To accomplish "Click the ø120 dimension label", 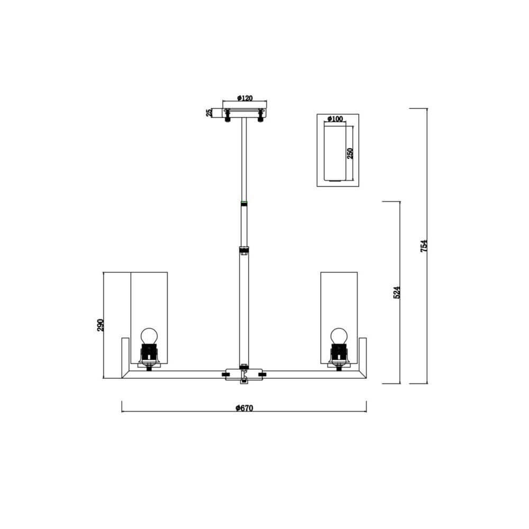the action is click(244, 98).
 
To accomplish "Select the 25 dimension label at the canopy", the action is click(209, 113).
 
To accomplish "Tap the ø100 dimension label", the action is click(335, 118).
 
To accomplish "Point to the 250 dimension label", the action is click(350, 153).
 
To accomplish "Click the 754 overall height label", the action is click(424, 246).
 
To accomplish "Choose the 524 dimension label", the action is click(397, 292).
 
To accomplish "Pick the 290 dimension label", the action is click(101, 325).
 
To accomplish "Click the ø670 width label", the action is click(244, 408).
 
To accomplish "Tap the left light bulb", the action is click(149, 336).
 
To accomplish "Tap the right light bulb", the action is click(339, 336).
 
